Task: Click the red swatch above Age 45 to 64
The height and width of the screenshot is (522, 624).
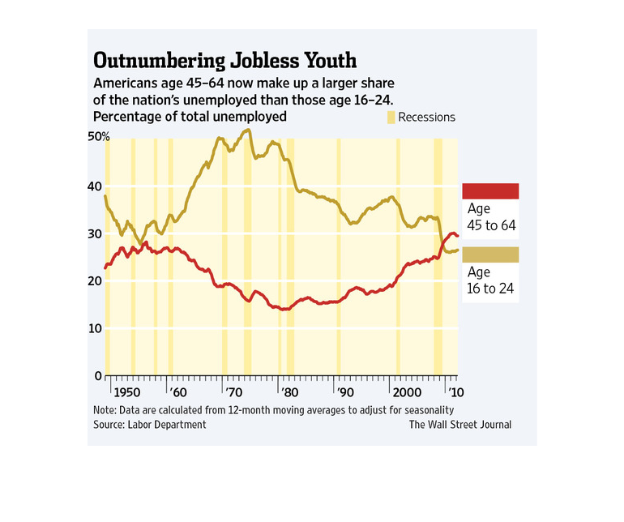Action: [489, 191]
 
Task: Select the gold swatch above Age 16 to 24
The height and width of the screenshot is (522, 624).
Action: [489, 255]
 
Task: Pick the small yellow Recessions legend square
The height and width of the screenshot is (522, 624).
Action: [391, 118]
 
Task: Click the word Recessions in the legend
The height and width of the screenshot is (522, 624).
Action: [427, 118]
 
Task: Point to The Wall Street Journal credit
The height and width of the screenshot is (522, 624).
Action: [459, 424]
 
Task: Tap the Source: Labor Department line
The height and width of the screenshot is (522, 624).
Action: [150, 424]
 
